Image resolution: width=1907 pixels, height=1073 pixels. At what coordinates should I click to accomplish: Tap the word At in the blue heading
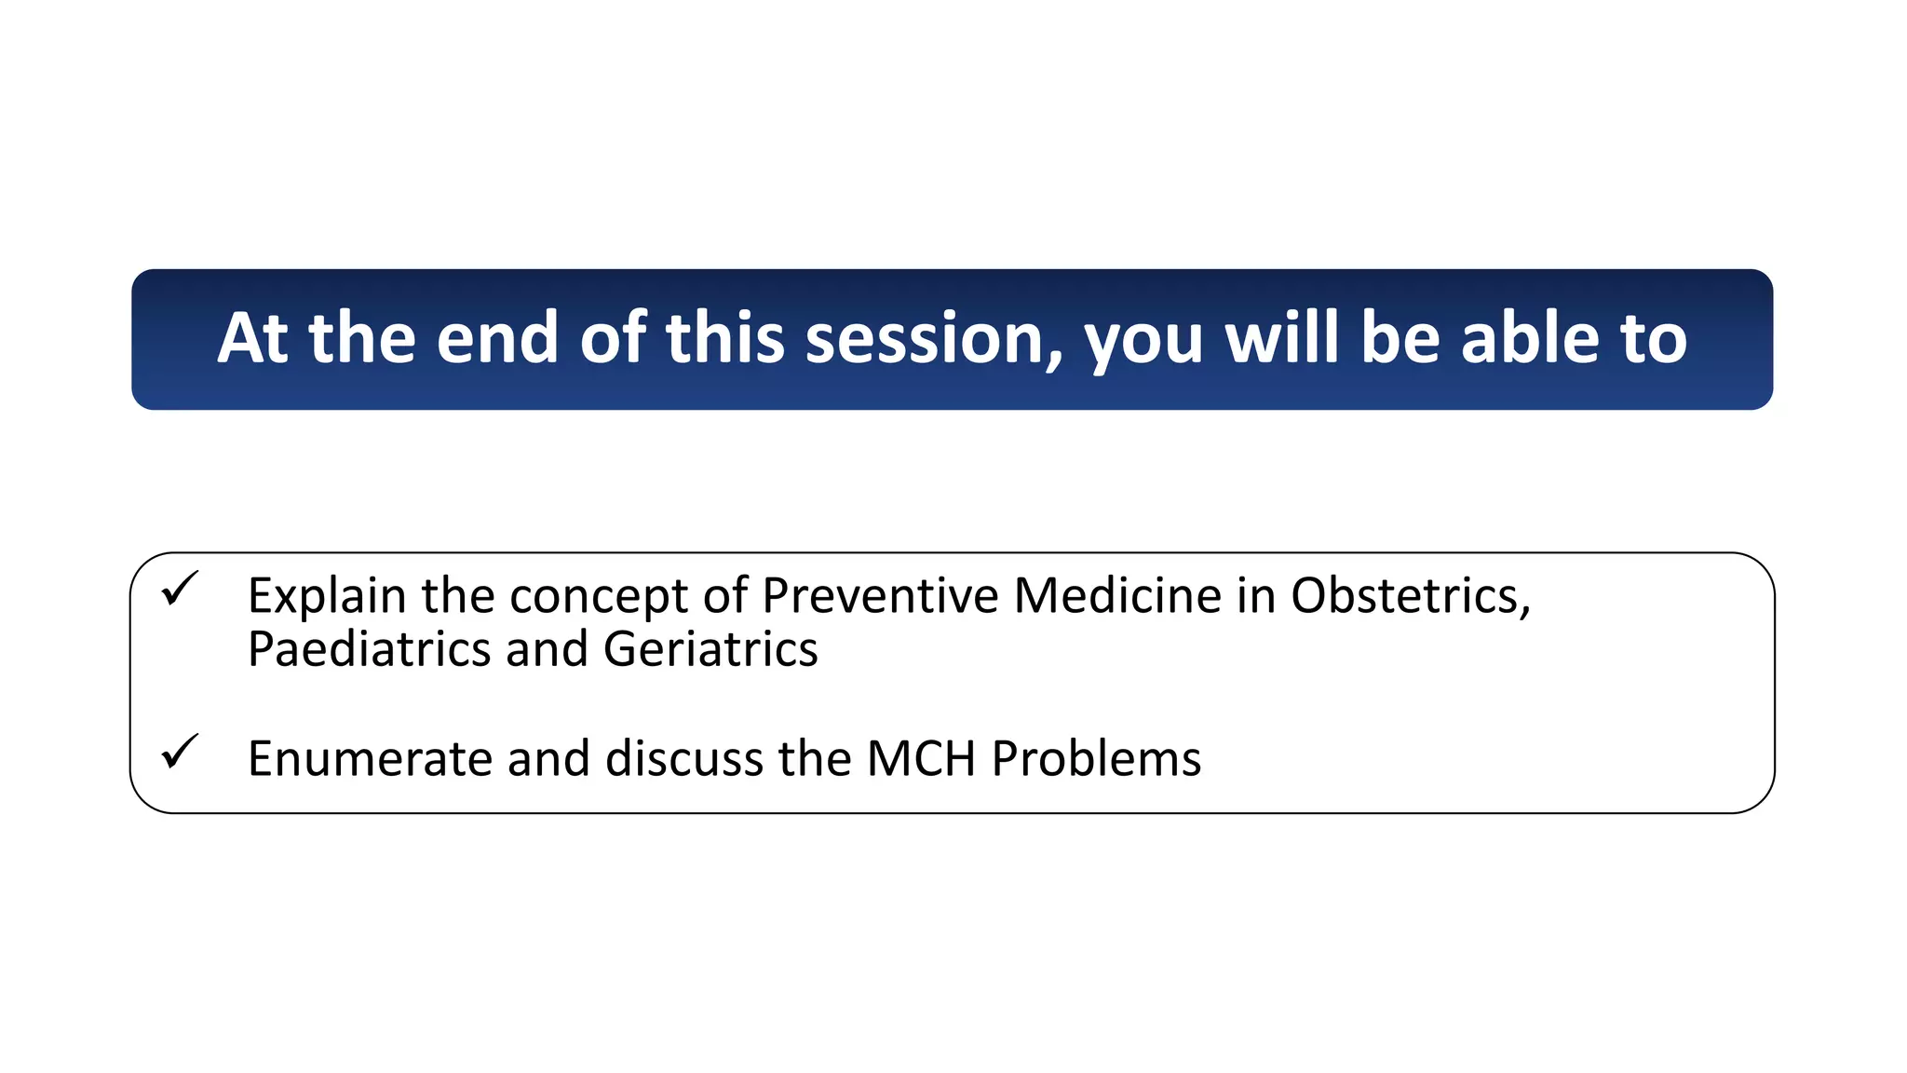[x=252, y=339]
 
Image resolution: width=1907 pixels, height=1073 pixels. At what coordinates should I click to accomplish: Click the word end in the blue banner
[x=496, y=339]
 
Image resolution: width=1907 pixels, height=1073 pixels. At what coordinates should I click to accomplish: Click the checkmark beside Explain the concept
[x=179, y=590]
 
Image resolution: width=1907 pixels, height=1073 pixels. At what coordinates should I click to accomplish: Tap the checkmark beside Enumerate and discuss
[x=179, y=752]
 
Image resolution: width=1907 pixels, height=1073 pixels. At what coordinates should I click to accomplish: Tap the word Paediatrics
[x=369, y=650]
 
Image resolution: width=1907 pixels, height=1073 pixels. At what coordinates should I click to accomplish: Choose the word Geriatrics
[x=710, y=650]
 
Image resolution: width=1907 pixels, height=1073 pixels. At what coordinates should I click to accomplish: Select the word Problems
[x=1096, y=759]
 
